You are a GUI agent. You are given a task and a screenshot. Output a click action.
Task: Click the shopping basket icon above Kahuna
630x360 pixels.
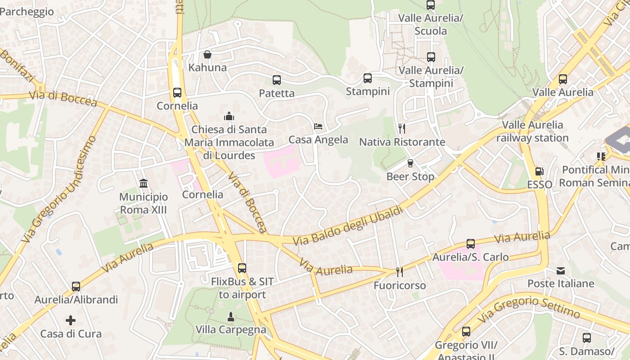207,54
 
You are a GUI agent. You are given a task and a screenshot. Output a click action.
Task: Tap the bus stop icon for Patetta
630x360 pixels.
277,80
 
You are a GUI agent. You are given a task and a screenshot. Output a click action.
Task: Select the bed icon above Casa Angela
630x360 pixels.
318,126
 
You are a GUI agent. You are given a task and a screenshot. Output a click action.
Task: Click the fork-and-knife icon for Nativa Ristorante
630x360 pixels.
402,129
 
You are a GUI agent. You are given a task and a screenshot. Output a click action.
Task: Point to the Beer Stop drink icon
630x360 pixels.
410,163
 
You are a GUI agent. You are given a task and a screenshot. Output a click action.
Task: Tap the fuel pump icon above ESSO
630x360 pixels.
539,171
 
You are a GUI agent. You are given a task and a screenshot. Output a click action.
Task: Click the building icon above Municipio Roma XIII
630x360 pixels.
144,184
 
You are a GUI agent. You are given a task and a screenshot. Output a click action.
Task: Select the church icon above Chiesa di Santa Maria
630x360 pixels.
229,116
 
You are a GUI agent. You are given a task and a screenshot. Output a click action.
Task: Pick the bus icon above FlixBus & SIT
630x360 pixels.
242,268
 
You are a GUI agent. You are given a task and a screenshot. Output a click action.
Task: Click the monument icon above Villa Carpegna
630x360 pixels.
231,316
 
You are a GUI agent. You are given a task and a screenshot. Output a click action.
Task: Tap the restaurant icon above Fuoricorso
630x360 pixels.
399,272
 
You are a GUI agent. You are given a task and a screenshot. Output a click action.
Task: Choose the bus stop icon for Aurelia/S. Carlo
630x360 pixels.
471,244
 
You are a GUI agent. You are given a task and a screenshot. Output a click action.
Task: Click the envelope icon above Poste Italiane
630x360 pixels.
561,270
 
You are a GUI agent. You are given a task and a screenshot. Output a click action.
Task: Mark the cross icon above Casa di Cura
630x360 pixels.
71,320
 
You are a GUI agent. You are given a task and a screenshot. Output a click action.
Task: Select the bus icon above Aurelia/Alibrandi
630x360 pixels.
76,286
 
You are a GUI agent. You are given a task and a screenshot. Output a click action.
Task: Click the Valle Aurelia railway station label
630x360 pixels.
532,131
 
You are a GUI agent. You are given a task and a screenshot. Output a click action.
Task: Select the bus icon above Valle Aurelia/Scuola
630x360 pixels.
431,5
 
